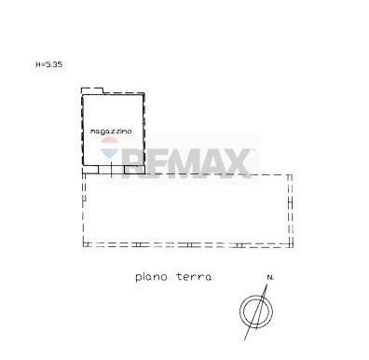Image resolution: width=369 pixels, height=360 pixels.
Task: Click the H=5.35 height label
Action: (x=49, y=64)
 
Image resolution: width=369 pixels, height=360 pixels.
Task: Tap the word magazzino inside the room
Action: (x=111, y=132)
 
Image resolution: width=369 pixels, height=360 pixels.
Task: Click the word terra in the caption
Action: (x=194, y=276)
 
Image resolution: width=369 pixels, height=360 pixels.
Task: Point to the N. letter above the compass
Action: (x=270, y=277)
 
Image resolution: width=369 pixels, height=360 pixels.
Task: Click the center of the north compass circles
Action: (x=256, y=312)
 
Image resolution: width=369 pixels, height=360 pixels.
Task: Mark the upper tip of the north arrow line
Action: (x=267, y=284)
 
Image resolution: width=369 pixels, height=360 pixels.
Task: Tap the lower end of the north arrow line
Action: (x=245, y=339)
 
